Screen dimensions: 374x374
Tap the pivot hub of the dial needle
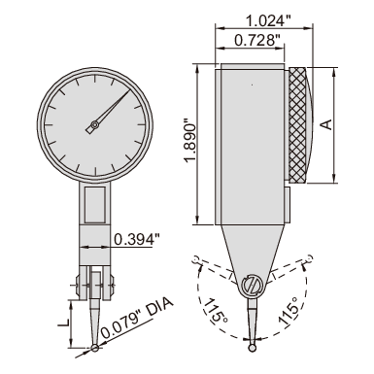pyautogui.click(x=94, y=125)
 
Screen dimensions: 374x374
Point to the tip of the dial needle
pyautogui.click(x=125, y=93)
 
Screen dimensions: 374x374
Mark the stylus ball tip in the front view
pyautogui.click(x=93, y=348)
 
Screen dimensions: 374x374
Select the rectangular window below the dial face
pyautogui.click(x=95, y=205)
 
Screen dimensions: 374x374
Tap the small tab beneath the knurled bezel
pyautogui.click(x=290, y=198)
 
